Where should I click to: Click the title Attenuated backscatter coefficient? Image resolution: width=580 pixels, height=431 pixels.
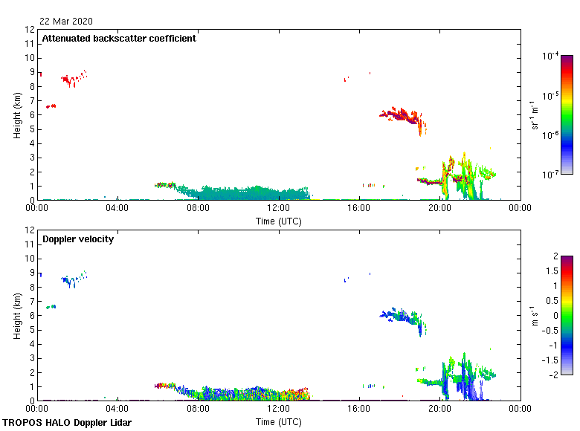(119, 39)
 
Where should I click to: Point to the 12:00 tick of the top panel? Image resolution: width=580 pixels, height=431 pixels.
(278, 208)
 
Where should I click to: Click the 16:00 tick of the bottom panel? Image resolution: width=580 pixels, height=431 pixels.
(358, 409)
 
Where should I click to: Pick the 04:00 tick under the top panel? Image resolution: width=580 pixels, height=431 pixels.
(117, 208)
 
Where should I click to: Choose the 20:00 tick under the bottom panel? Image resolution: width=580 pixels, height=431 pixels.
(439, 409)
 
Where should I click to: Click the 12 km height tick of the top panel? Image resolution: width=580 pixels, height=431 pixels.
(30, 30)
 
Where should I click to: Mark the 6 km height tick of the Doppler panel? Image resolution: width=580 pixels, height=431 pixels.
(30, 316)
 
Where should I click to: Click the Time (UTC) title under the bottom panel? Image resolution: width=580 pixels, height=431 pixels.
(278, 421)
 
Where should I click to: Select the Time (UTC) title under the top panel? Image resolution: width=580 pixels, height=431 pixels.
(278, 221)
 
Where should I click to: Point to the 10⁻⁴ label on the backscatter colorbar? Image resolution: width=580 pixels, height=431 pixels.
(551, 56)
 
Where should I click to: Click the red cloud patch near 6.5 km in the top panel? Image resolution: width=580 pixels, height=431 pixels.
(51, 106)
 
